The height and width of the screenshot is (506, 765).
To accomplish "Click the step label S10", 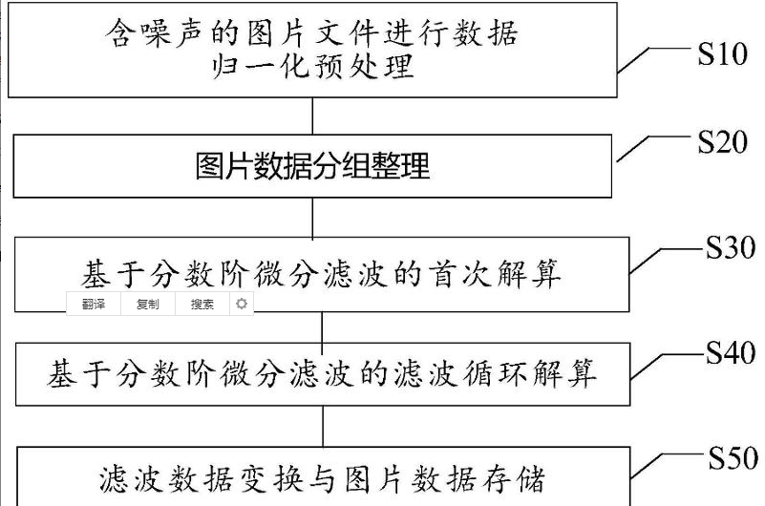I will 721,54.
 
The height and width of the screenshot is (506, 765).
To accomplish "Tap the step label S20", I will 721,144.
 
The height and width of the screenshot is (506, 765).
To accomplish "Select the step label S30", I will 731,249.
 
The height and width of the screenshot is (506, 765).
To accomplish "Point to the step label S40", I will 731,354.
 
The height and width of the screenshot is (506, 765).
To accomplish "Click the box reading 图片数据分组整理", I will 313,166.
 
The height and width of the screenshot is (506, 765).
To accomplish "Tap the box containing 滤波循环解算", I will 321,372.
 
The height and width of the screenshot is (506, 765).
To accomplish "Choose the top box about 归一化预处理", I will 311,49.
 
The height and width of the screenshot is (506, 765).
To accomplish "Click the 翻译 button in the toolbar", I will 93,305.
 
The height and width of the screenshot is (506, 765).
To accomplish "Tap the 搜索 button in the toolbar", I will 202,305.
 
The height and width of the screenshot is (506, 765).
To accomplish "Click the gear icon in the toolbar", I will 242,305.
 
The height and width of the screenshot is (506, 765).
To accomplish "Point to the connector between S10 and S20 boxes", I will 312,116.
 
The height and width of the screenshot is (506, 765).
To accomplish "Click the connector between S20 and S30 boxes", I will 312,218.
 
